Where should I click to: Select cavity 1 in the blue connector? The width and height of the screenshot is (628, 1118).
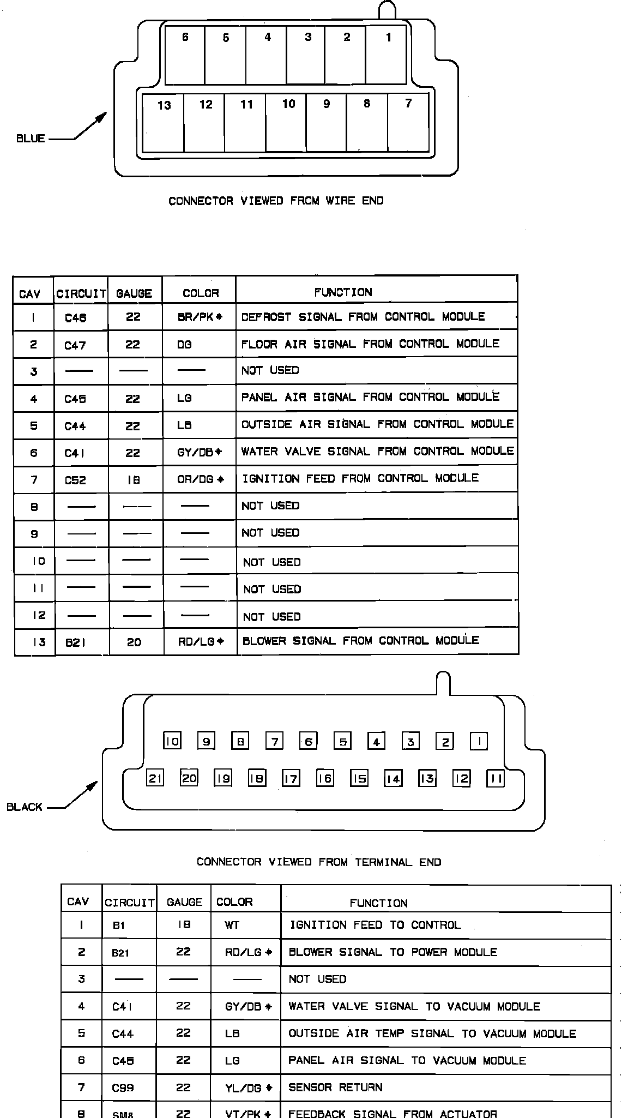tap(386, 57)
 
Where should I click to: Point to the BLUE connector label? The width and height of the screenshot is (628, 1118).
tap(31, 139)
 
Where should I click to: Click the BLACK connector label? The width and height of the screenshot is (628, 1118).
tap(25, 807)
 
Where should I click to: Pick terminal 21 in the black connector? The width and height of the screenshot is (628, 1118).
tap(155, 778)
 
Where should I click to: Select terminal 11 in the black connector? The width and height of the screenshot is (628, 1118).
tap(496, 778)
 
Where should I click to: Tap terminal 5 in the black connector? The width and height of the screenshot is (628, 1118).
tap(342, 741)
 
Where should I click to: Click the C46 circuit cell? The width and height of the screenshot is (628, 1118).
tap(75, 318)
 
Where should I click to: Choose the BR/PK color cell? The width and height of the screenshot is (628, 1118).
tap(200, 317)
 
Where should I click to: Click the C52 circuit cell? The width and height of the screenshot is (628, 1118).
tap(75, 480)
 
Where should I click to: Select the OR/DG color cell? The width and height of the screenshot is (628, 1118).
tap(200, 479)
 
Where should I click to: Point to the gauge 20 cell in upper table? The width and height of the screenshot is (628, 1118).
tap(134, 642)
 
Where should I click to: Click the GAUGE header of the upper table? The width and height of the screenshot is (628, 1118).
tap(134, 293)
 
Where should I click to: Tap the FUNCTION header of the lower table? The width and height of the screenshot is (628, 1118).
tap(378, 903)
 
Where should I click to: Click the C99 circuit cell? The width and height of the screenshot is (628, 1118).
tap(123, 1088)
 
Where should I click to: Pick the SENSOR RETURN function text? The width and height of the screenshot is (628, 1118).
tap(335, 1087)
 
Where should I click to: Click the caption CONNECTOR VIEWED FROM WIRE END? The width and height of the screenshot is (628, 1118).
tap(276, 201)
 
